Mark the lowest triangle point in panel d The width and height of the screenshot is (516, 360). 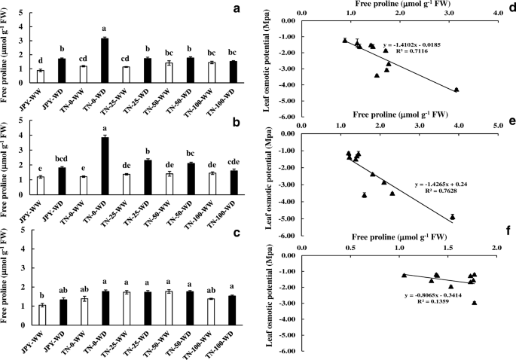coord(456,90)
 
